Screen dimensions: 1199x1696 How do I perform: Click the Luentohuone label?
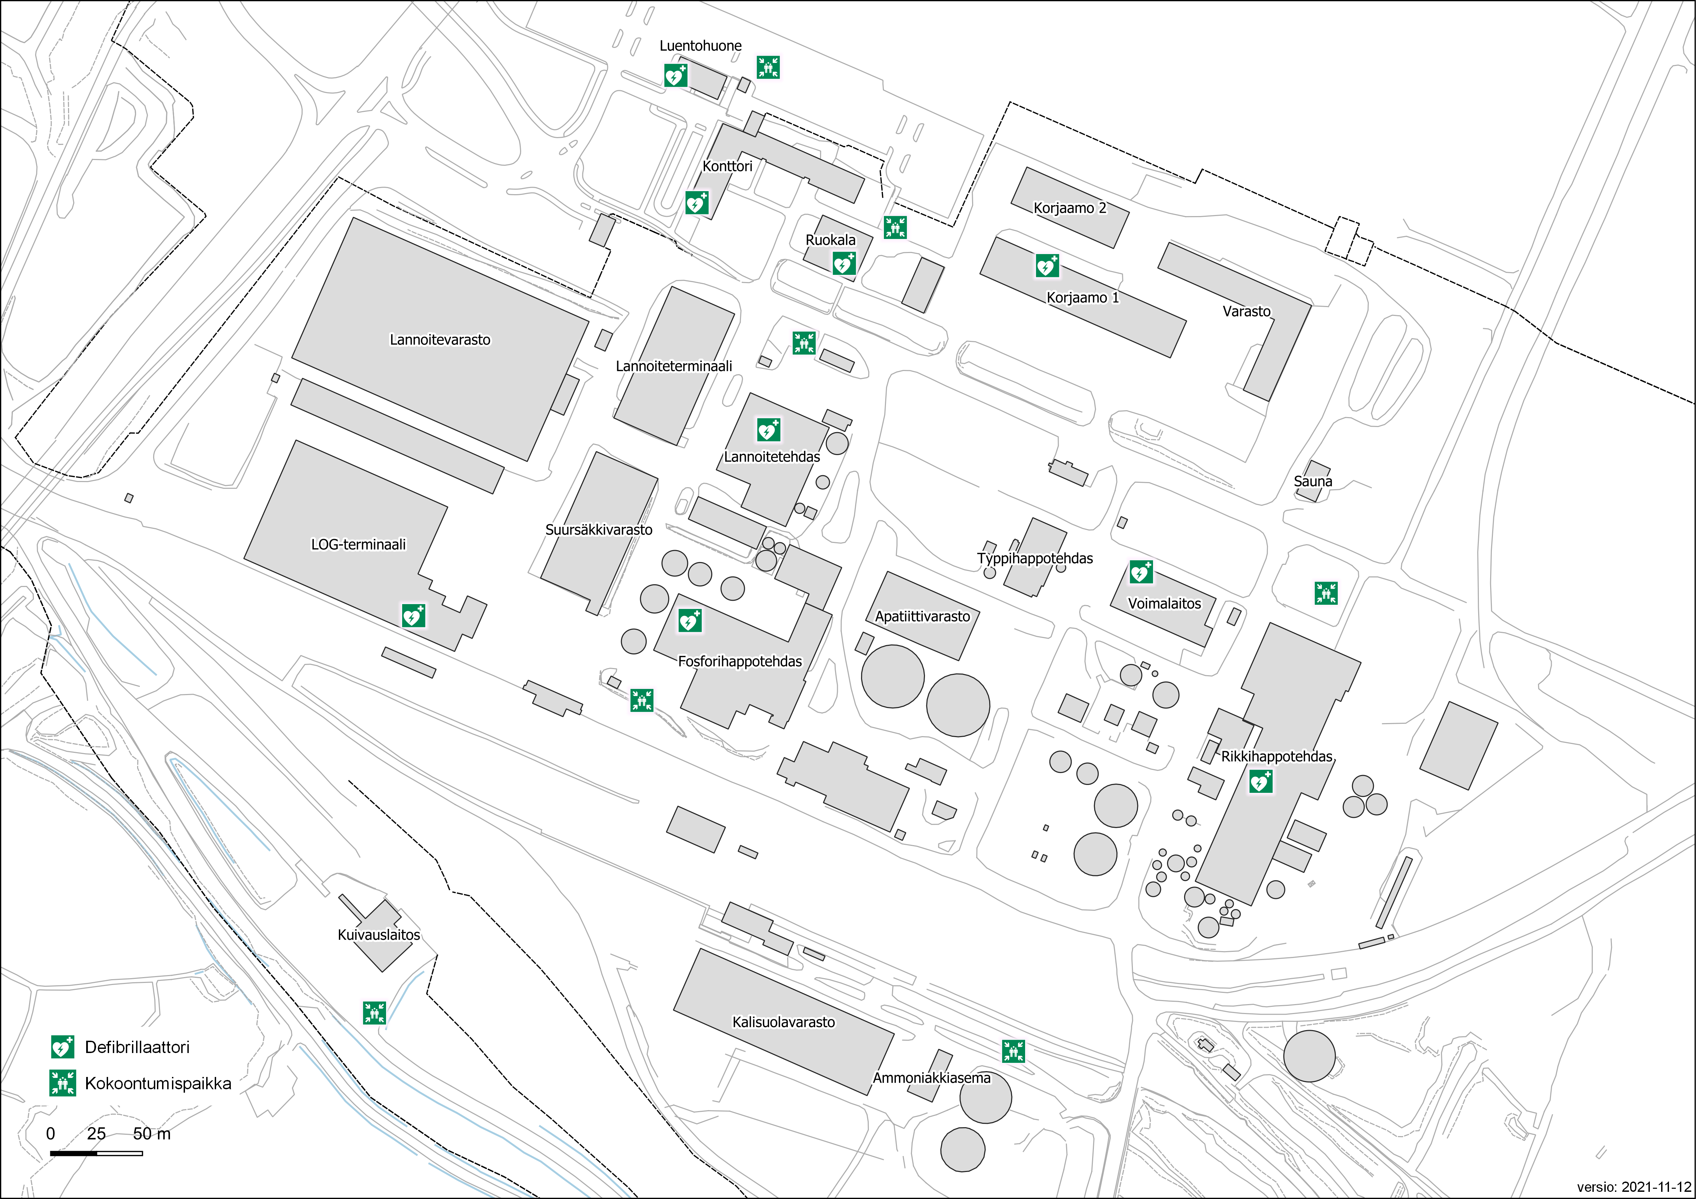[x=700, y=46]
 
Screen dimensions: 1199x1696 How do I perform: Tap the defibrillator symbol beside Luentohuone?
[x=675, y=75]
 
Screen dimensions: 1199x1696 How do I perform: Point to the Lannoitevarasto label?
[x=440, y=340]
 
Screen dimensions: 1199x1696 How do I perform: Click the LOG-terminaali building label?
[x=358, y=545]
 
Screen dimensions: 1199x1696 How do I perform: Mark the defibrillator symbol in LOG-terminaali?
[x=413, y=615]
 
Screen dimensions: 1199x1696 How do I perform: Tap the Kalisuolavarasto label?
[x=784, y=1023]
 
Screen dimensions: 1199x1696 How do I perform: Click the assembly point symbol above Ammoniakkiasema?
[x=1013, y=1051]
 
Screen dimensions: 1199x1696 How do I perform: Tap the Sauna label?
[x=1313, y=482]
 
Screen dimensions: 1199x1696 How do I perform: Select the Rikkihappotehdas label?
[x=1276, y=757]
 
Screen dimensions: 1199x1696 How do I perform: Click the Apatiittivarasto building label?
[x=923, y=616]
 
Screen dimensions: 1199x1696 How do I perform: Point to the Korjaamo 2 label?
[x=1070, y=208]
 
